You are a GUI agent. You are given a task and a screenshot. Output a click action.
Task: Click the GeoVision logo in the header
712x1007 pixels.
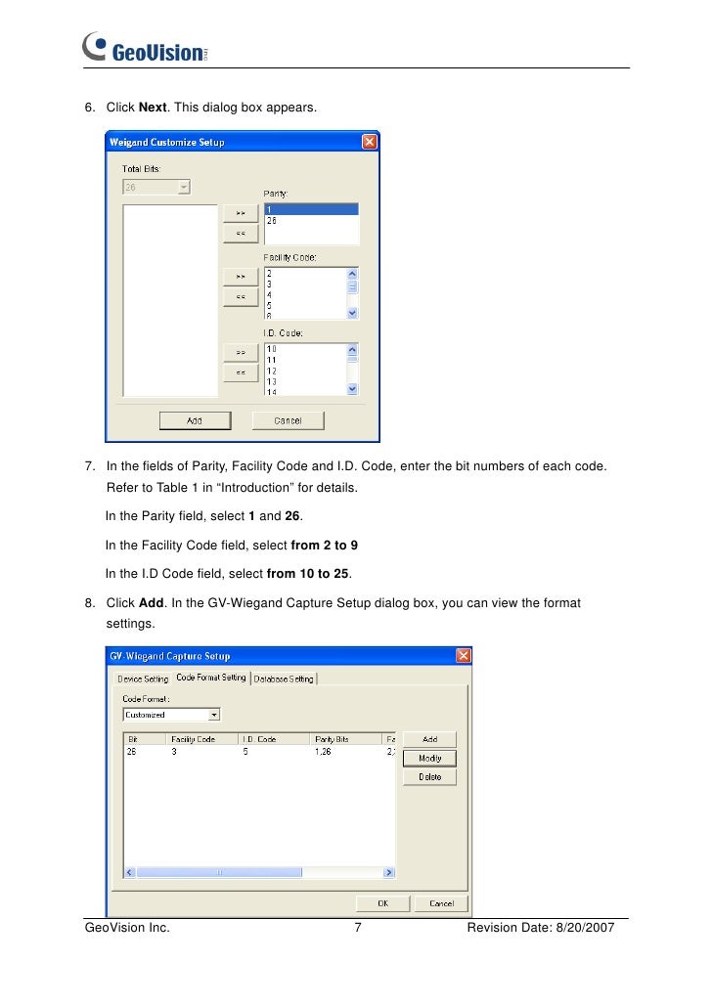click(147, 48)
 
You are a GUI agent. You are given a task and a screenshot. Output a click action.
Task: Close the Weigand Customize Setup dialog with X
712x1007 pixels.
click(370, 142)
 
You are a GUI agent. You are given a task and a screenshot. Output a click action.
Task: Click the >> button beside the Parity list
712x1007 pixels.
click(240, 212)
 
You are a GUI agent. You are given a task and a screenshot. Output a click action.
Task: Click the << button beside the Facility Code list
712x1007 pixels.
click(240, 295)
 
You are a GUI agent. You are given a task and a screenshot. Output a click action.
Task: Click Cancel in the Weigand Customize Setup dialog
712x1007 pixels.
click(288, 420)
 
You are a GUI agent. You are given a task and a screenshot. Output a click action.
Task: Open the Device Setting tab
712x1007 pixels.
click(143, 679)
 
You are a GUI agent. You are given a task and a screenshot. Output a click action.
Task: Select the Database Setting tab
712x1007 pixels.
click(284, 679)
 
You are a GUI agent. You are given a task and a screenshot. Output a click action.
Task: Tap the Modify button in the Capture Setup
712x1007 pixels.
click(429, 759)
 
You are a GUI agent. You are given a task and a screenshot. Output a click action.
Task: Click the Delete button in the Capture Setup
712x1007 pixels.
click(429, 777)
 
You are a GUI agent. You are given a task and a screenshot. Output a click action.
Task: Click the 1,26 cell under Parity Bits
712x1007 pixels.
click(324, 753)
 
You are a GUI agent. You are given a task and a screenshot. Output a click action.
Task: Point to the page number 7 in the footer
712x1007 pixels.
click(357, 928)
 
